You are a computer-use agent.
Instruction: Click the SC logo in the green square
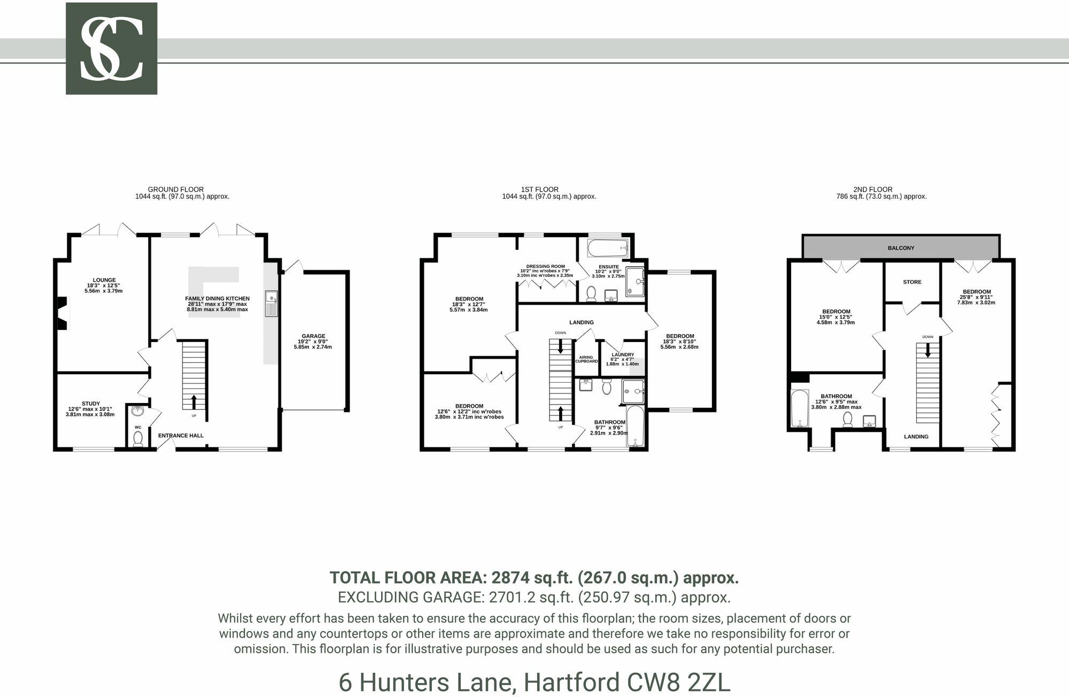(111, 49)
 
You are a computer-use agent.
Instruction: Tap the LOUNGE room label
(104, 280)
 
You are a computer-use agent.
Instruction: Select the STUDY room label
(91, 404)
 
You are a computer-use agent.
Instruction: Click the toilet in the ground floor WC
(138, 438)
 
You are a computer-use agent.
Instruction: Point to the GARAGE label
(313, 336)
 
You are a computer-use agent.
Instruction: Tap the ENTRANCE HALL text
(181, 436)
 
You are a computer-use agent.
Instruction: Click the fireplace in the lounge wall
(63, 313)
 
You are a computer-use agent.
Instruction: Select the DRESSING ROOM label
(545, 266)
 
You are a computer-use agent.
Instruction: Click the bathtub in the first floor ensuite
(607, 248)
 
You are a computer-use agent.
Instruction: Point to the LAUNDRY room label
(623, 355)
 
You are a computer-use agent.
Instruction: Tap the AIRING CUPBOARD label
(586, 359)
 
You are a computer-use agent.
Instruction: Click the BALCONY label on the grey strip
(901, 248)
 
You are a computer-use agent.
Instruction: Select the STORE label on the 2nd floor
(912, 282)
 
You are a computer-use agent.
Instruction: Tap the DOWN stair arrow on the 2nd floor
(928, 350)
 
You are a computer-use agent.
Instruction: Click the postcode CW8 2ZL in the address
(679, 683)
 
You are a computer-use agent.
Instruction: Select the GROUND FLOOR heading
(176, 189)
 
